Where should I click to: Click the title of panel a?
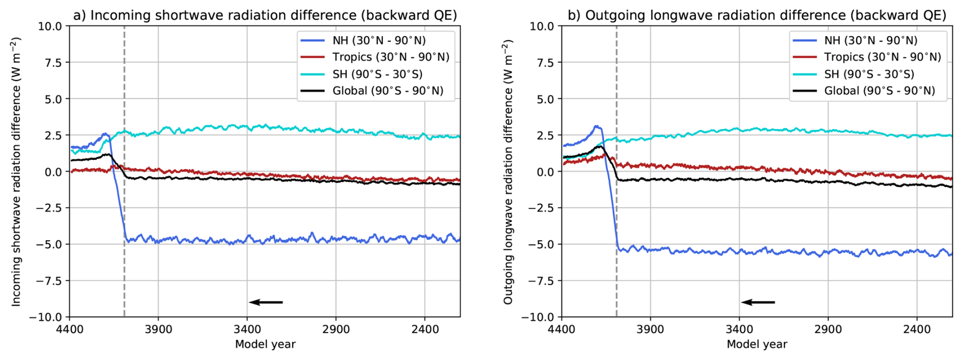pos(265,15)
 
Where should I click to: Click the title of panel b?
pos(757,15)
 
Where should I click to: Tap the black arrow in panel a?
pos(266,302)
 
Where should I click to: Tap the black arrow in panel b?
pos(758,302)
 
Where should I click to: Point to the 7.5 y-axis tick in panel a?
pos(53,63)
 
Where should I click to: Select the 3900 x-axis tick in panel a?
pos(158,329)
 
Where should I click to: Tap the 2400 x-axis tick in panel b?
pos(917,329)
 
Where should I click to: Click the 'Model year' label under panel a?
pos(265,345)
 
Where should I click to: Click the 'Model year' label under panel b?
pos(757,345)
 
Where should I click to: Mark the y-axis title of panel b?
pos(508,172)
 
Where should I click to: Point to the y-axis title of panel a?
pos(16,172)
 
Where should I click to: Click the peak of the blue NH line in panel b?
pos(597,126)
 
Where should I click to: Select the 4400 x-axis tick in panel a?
pos(70,329)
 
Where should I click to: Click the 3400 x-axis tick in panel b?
pos(739,329)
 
